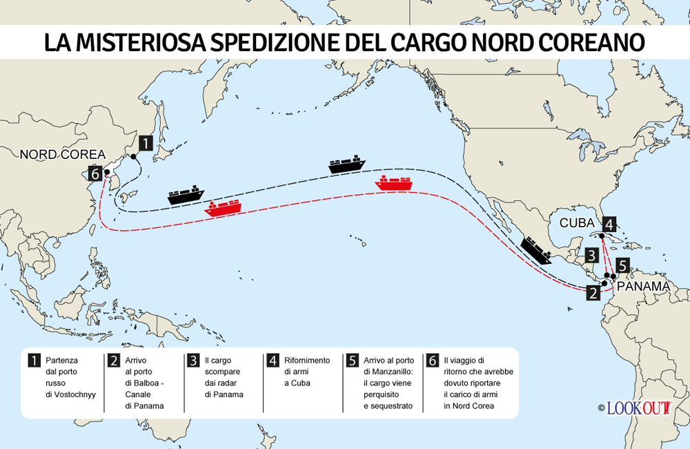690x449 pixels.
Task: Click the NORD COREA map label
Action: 63,154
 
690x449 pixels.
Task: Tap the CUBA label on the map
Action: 577,223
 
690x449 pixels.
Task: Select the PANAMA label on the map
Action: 643,286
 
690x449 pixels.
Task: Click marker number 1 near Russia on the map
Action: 146,142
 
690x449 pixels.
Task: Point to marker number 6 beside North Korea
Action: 95,173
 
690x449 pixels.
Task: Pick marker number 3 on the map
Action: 591,255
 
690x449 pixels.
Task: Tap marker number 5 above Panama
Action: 622,265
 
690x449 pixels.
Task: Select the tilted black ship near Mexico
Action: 536,250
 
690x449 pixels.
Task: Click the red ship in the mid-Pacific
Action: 393,184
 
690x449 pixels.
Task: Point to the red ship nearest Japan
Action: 222,207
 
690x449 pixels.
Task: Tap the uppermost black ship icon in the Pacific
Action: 347,164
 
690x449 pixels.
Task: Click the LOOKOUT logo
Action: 638,408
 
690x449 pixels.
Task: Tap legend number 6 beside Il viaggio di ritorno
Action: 433,361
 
